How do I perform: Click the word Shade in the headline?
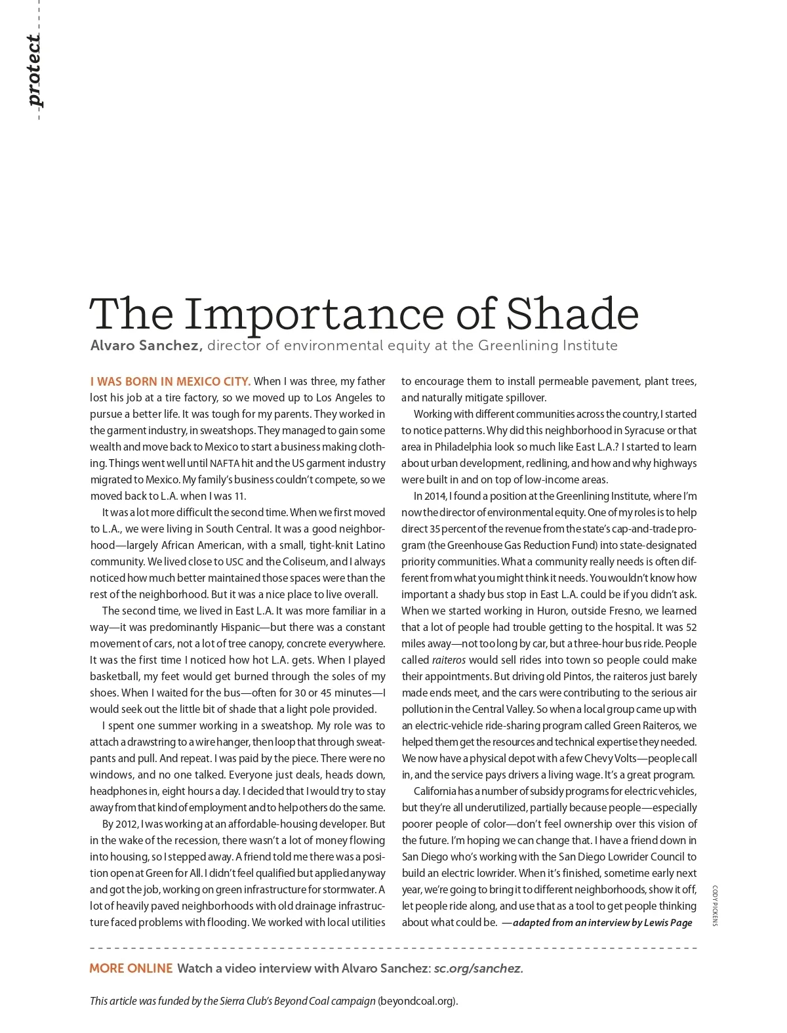tap(573, 314)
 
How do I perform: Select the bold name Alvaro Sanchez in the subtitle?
tap(146, 346)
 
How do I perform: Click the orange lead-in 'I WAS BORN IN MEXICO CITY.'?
tap(170, 382)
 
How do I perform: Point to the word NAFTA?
tap(225, 464)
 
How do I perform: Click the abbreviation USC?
tap(234, 562)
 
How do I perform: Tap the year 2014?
tap(437, 496)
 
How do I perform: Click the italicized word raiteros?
tap(449, 660)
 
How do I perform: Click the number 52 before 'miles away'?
tap(691, 628)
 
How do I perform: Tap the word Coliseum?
tap(304, 562)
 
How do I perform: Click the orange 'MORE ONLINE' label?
tap(131, 969)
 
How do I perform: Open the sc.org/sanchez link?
tap(478, 969)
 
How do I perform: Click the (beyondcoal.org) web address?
tap(417, 1002)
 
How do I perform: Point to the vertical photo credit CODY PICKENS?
tap(715, 906)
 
